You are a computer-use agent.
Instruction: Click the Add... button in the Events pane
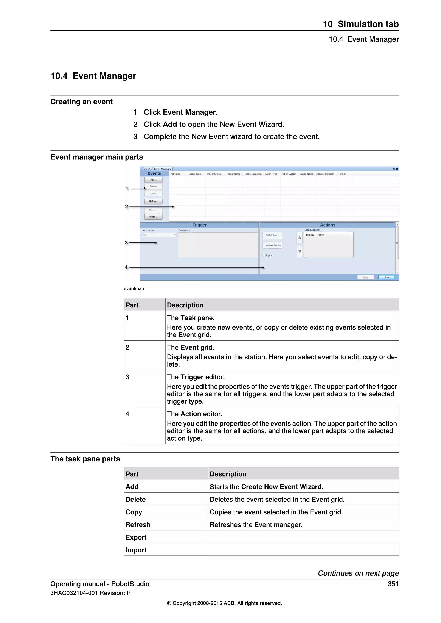pos(153,180)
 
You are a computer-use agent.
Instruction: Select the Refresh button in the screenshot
pos(153,202)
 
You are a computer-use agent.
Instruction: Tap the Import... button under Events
pos(153,217)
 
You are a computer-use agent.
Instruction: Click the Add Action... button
pos(272,235)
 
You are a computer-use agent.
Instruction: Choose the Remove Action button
pos(272,245)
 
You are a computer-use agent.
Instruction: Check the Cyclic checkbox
pos(264,255)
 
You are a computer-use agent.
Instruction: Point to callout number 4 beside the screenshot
pos(126,267)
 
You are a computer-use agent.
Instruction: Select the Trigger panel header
pos(199,225)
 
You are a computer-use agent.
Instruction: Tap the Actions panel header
pos(328,225)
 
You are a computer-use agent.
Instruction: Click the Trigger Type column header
pos(194,174)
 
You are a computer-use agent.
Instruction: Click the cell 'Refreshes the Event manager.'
pos(256,525)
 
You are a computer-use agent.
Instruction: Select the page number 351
pos(393,584)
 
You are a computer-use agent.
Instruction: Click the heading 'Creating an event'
pos(81,102)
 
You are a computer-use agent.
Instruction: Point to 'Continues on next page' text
pos(358,573)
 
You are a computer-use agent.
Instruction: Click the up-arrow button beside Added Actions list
pos(300,237)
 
